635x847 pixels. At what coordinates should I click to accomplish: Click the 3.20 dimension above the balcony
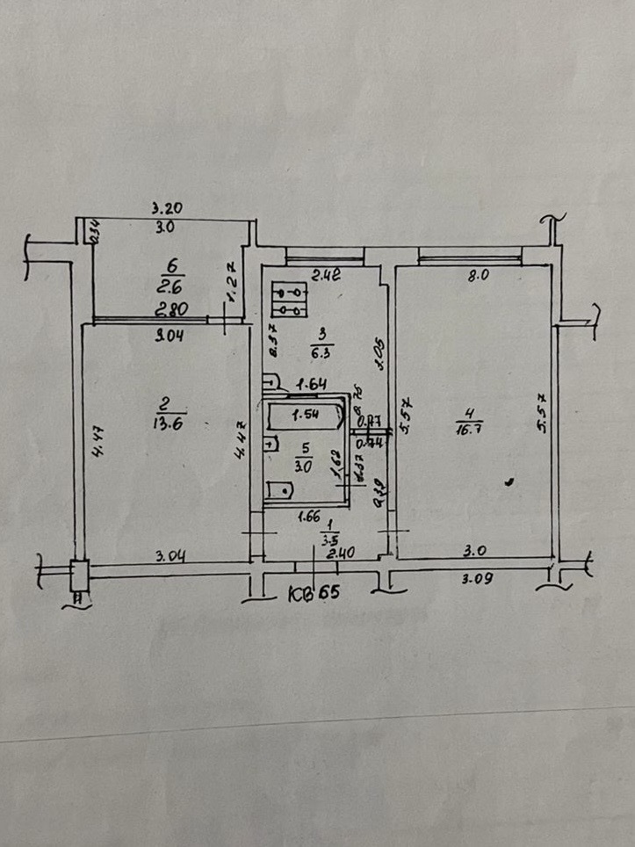[x=166, y=209]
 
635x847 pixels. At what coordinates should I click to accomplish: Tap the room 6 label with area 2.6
[x=170, y=277]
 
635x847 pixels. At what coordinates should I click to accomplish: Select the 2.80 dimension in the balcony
[x=170, y=309]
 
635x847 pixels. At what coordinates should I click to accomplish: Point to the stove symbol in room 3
[x=289, y=298]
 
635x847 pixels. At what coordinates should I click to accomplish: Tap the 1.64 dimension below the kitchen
[x=310, y=384]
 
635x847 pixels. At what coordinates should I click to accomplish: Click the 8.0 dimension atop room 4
[x=476, y=275]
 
